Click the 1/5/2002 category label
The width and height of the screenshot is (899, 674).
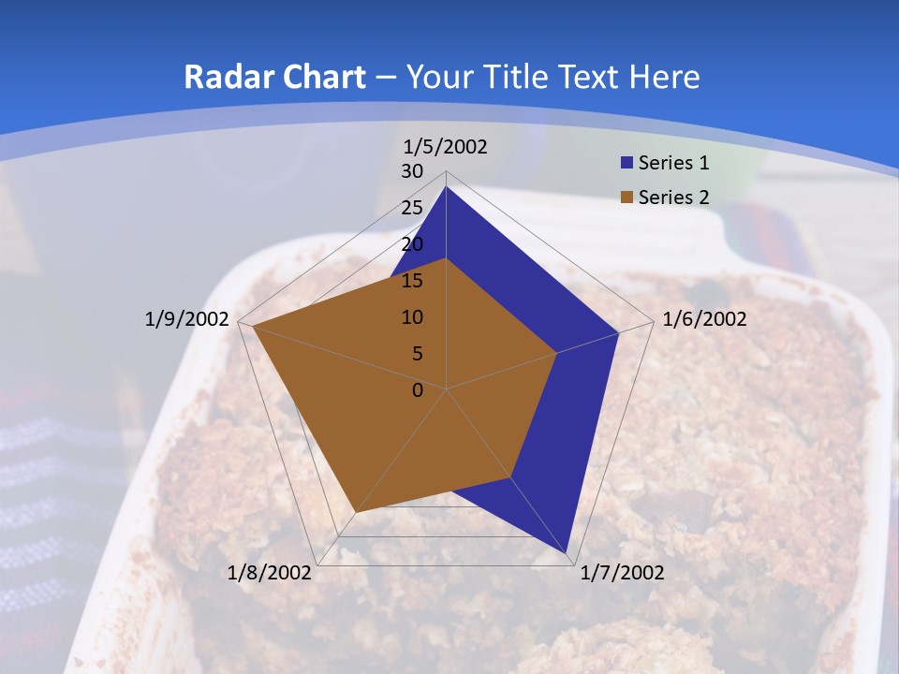pyautogui.click(x=445, y=147)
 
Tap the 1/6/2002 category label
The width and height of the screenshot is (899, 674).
pyautogui.click(x=704, y=319)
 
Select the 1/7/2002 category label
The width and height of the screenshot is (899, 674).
pyautogui.click(x=622, y=573)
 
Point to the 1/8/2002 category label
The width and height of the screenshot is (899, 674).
pyautogui.click(x=270, y=573)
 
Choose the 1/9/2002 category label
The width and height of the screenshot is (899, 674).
pyautogui.click(x=186, y=319)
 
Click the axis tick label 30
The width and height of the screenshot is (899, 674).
pyautogui.click(x=412, y=171)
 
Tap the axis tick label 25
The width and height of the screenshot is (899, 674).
pyautogui.click(x=412, y=208)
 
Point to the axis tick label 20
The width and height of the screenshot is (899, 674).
pyautogui.click(x=412, y=244)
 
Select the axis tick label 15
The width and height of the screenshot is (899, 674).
pyautogui.click(x=412, y=281)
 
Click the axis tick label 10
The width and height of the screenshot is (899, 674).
pyautogui.click(x=412, y=317)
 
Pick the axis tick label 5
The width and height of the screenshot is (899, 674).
pyautogui.click(x=417, y=354)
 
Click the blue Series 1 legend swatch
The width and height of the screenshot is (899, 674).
pyautogui.click(x=626, y=163)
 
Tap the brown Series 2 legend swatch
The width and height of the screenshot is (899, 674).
pyautogui.click(x=626, y=198)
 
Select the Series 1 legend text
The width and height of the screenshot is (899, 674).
pyautogui.click(x=673, y=163)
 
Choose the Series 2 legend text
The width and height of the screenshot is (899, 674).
pyautogui.click(x=673, y=198)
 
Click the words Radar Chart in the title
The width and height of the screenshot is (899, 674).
pyautogui.click(x=274, y=77)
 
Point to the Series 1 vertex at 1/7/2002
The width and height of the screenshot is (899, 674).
pyautogui.click(x=567, y=553)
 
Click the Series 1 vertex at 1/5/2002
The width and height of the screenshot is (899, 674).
pyautogui.click(x=447, y=187)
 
